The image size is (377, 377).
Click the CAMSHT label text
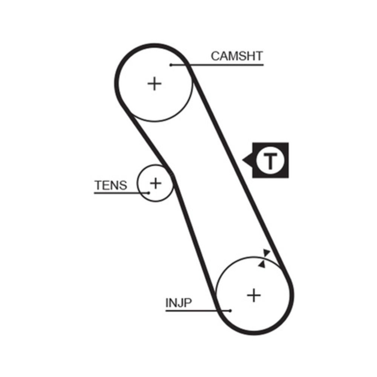click(x=236, y=56)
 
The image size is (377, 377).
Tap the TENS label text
click(x=111, y=185)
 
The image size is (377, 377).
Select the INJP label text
click(x=179, y=302)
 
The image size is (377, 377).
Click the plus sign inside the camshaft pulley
click(x=154, y=83)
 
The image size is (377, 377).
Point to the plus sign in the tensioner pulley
click(x=155, y=183)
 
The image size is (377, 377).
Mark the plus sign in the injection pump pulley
click(x=254, y=295)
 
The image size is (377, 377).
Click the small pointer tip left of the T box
click(x=244, y=161)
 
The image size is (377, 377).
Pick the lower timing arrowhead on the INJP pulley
click(x=261, y=264)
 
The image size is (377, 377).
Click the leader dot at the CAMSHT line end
click(x=171, y=65)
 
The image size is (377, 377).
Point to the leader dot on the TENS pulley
click(x=149, y=193)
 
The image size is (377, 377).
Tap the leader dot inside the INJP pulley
click(x=230, y=311)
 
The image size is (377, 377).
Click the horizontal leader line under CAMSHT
click(x=226, y=65)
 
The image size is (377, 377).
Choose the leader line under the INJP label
click(x=188, y=311)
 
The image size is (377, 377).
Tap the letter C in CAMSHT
click(x=216, y=56)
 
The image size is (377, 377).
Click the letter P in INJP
click(x=188, y=302)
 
